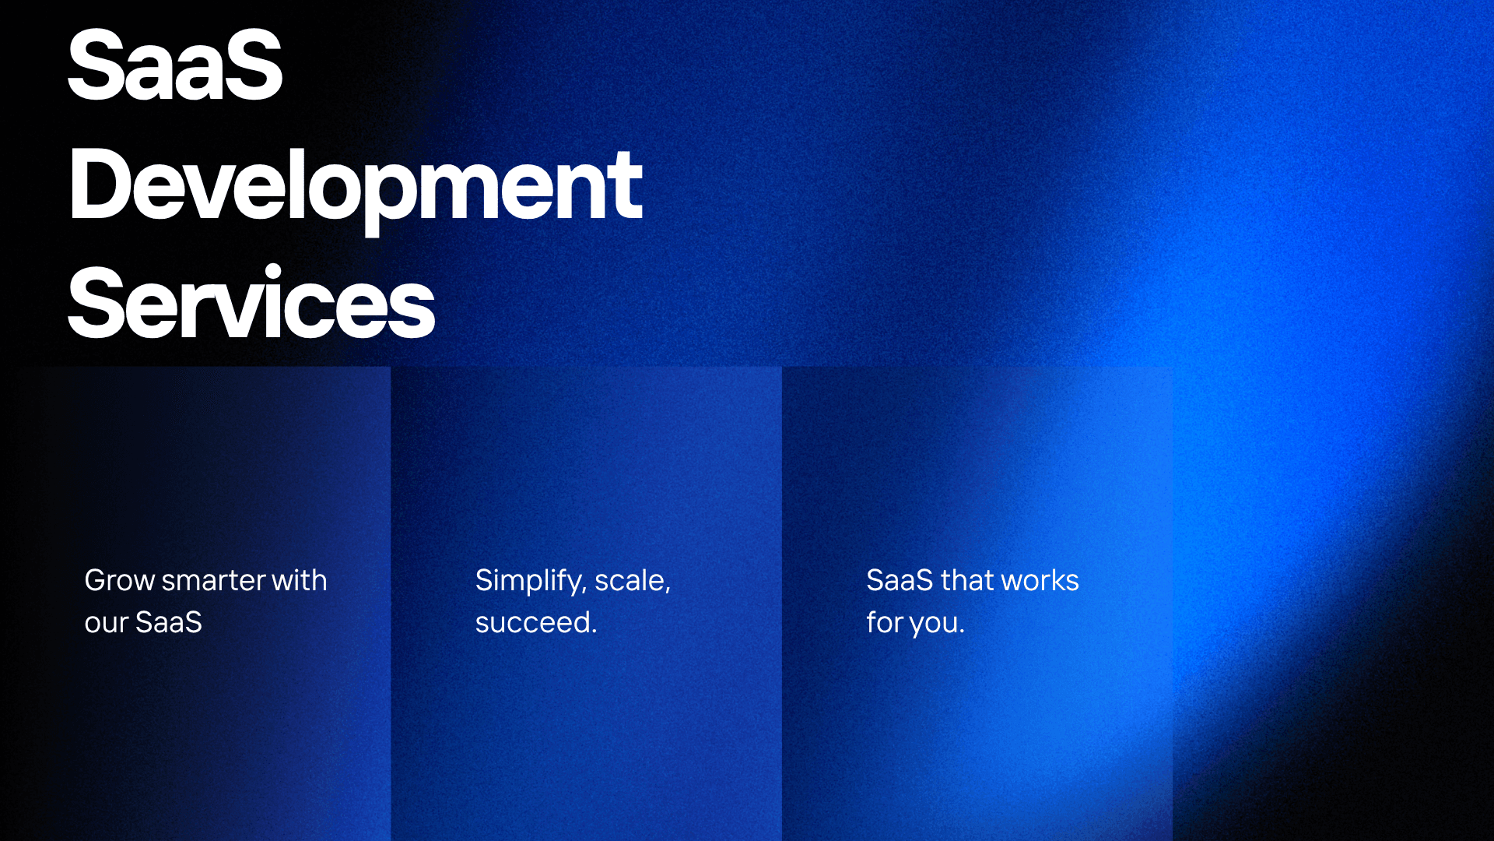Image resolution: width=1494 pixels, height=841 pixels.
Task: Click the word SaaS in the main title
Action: coord(175,65)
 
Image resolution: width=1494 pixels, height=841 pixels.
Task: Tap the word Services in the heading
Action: coord(251,304)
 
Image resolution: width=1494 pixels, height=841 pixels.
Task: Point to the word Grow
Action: coord(120,581)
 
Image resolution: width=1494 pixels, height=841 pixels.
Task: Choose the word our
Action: coord(106,623)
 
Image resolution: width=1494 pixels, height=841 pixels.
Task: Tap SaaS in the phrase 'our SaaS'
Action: coord(169,622)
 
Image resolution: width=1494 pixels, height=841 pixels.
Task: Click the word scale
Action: coord(630,581)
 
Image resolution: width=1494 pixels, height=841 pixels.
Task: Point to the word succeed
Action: coord(533,623)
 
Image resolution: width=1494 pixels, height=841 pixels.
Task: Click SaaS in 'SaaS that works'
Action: coord(900,581)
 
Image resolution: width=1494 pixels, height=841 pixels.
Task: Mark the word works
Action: coord(1040,581)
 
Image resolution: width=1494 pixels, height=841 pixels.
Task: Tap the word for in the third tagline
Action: coord(884,623)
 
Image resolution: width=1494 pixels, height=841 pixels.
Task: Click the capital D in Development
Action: coord(98,186)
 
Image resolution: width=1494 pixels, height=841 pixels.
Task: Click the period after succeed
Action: coord(594,632)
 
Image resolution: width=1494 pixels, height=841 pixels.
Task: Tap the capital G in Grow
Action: coord(96,581)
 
